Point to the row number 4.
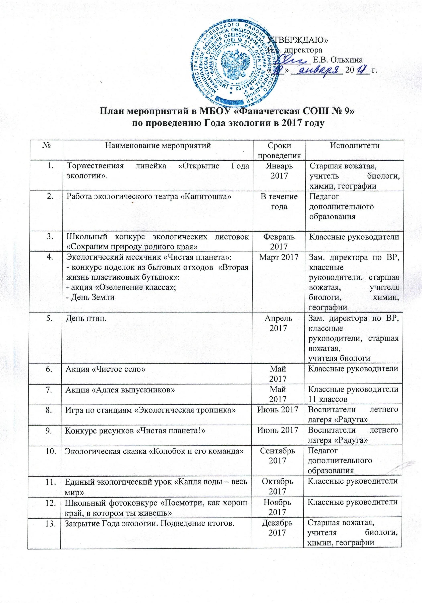tap(49, 257)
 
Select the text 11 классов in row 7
tap(327, 399)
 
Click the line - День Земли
tap(91, 297)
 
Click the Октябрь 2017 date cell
tap(278, 486)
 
